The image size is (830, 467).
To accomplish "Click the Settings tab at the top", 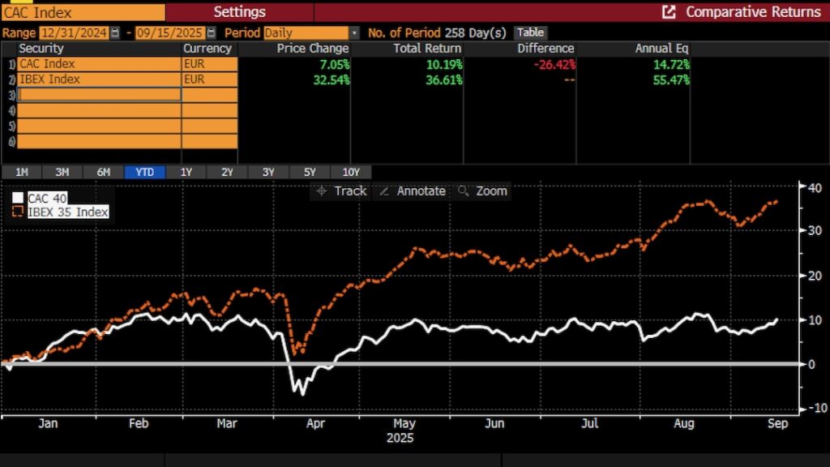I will pyautogui.click(x=239, y=11).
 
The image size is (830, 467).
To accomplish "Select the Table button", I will pyautogui.click(x=530, y=32).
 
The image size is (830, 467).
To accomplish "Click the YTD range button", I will pyautogui.click(x=144, y=172).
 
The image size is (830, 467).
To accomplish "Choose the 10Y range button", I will pyautogui.click(x=351, y=172).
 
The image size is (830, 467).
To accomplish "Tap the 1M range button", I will pyautogui.click(x=22, y=172).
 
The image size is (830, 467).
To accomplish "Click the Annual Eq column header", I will pyautogui.click(x=662, y=49).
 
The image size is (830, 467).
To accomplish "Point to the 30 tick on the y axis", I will pyautogui.click(x=812, y=230).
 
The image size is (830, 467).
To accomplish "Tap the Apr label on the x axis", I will pyautogui.click(x=316, y=423).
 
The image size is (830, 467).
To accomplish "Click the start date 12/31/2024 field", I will pyautogui.click(x=73, y=33).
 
